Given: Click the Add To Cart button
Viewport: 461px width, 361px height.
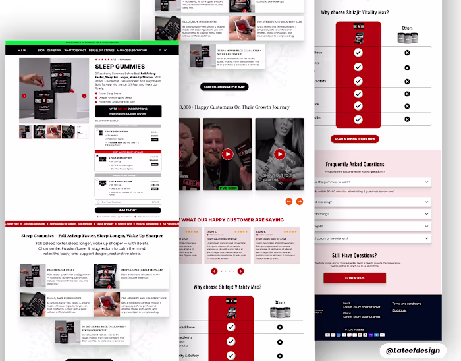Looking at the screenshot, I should tap(128, 210).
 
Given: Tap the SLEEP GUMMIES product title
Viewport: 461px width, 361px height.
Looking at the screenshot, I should tap(119, 67).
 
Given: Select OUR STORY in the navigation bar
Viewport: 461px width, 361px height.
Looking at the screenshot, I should tap(55, 50).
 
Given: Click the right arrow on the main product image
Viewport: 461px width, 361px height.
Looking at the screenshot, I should tap(84, 96).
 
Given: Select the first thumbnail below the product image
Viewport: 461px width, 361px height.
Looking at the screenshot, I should tap(25, 130).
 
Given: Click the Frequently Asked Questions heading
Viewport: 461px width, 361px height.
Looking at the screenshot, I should tap(354, 164).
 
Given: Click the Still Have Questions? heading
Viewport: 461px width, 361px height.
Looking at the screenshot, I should tap(354, 255).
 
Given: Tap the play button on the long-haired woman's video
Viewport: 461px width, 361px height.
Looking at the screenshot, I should tap(279, 154).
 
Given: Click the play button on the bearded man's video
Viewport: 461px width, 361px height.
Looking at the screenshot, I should tap(227, 154).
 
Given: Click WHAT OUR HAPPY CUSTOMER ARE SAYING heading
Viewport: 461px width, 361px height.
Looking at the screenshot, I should tap(232, 219).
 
